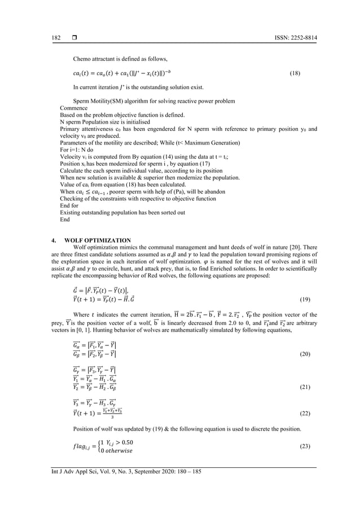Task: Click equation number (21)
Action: (302, 389)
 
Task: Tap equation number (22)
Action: (302, 414)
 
